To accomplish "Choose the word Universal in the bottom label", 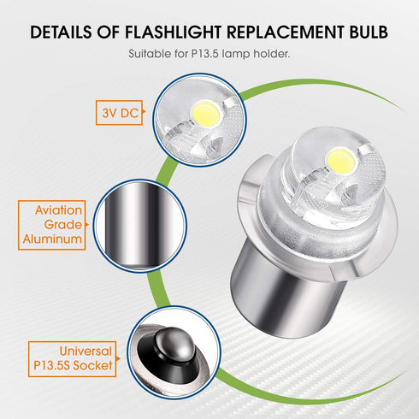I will pos(83,351).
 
